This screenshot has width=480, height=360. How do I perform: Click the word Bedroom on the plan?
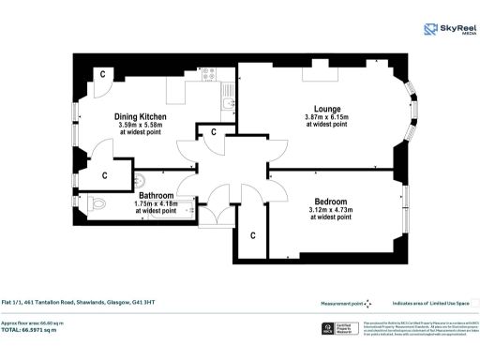331,202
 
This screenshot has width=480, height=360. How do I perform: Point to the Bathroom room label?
155,195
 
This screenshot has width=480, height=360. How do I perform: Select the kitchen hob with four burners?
208,73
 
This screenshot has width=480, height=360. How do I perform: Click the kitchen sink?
228,91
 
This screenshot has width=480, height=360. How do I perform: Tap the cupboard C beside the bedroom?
252,234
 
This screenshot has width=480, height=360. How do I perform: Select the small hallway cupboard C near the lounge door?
214,132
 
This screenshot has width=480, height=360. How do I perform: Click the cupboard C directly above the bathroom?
104,174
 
